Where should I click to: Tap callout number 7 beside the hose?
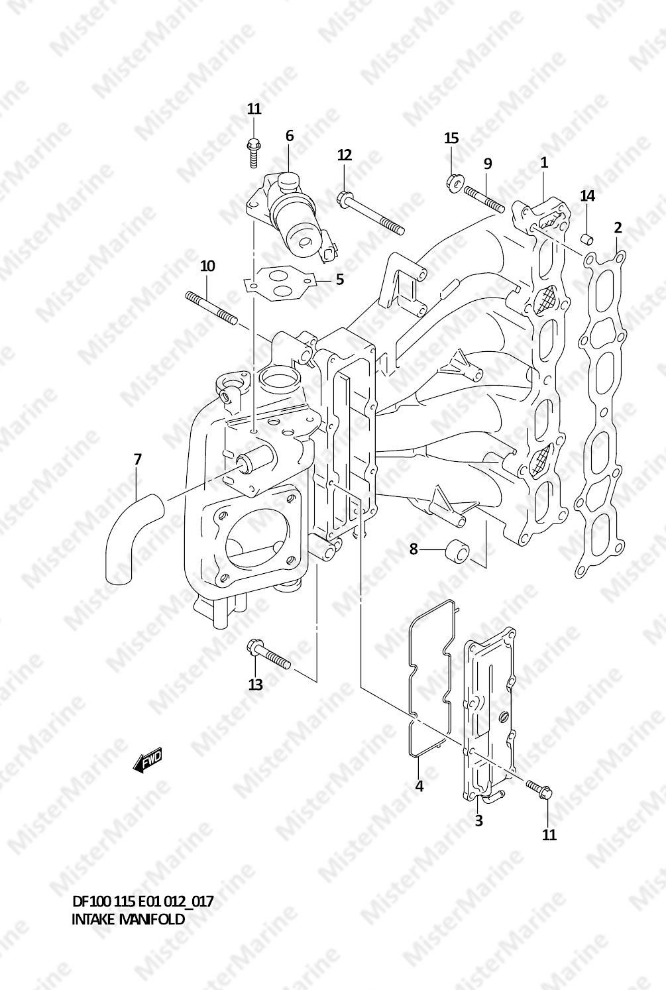[x=137, y=460]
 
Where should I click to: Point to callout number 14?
[x=587, y=195]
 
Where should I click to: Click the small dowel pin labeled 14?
[x=587, y=239]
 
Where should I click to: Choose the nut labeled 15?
[x=453, y=181]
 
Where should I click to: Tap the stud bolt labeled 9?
[x=484, y=199]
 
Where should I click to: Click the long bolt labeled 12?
[x=371, y=213]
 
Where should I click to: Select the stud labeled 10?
[x=212, y=307]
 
